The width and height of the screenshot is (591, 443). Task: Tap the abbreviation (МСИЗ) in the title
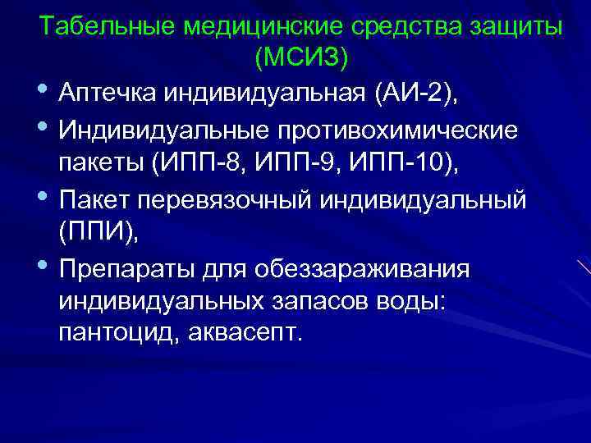pos(301,57)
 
